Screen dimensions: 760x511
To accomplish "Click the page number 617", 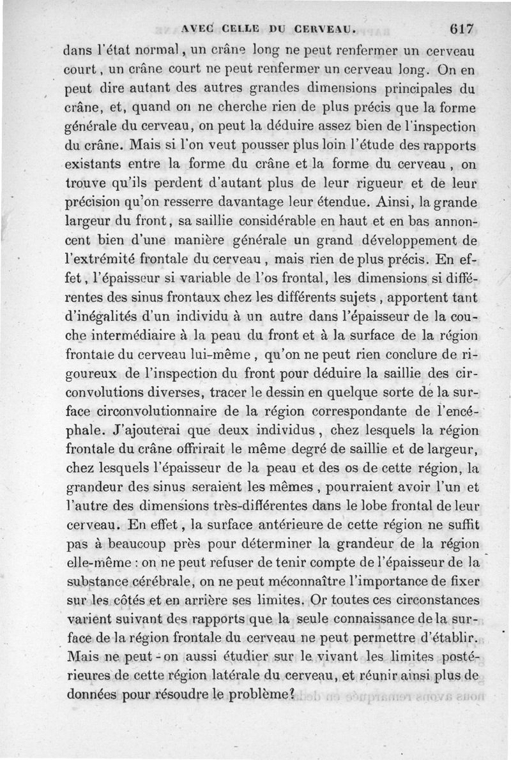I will pyautogui.click(x=460, y=28).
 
